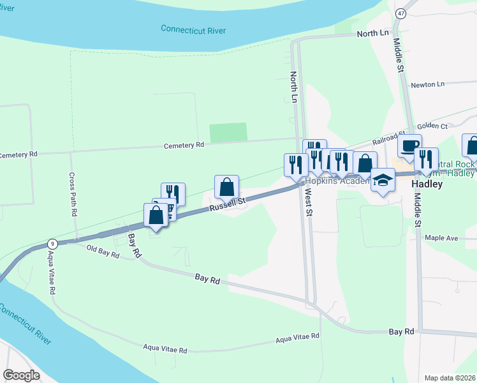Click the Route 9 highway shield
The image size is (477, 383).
pos(52,244)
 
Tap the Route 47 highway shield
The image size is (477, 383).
pos(400,13)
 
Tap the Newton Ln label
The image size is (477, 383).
pos(427,84)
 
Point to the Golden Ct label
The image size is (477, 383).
pos(433,126)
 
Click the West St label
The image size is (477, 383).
pos(308,203)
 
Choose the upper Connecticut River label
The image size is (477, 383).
pos(194,29)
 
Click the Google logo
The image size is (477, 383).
pos(22,375)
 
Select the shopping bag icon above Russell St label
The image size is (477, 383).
pos(226,187)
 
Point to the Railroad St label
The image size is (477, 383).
pos(389,135)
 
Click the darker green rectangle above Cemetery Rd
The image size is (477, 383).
pos(228,132)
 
